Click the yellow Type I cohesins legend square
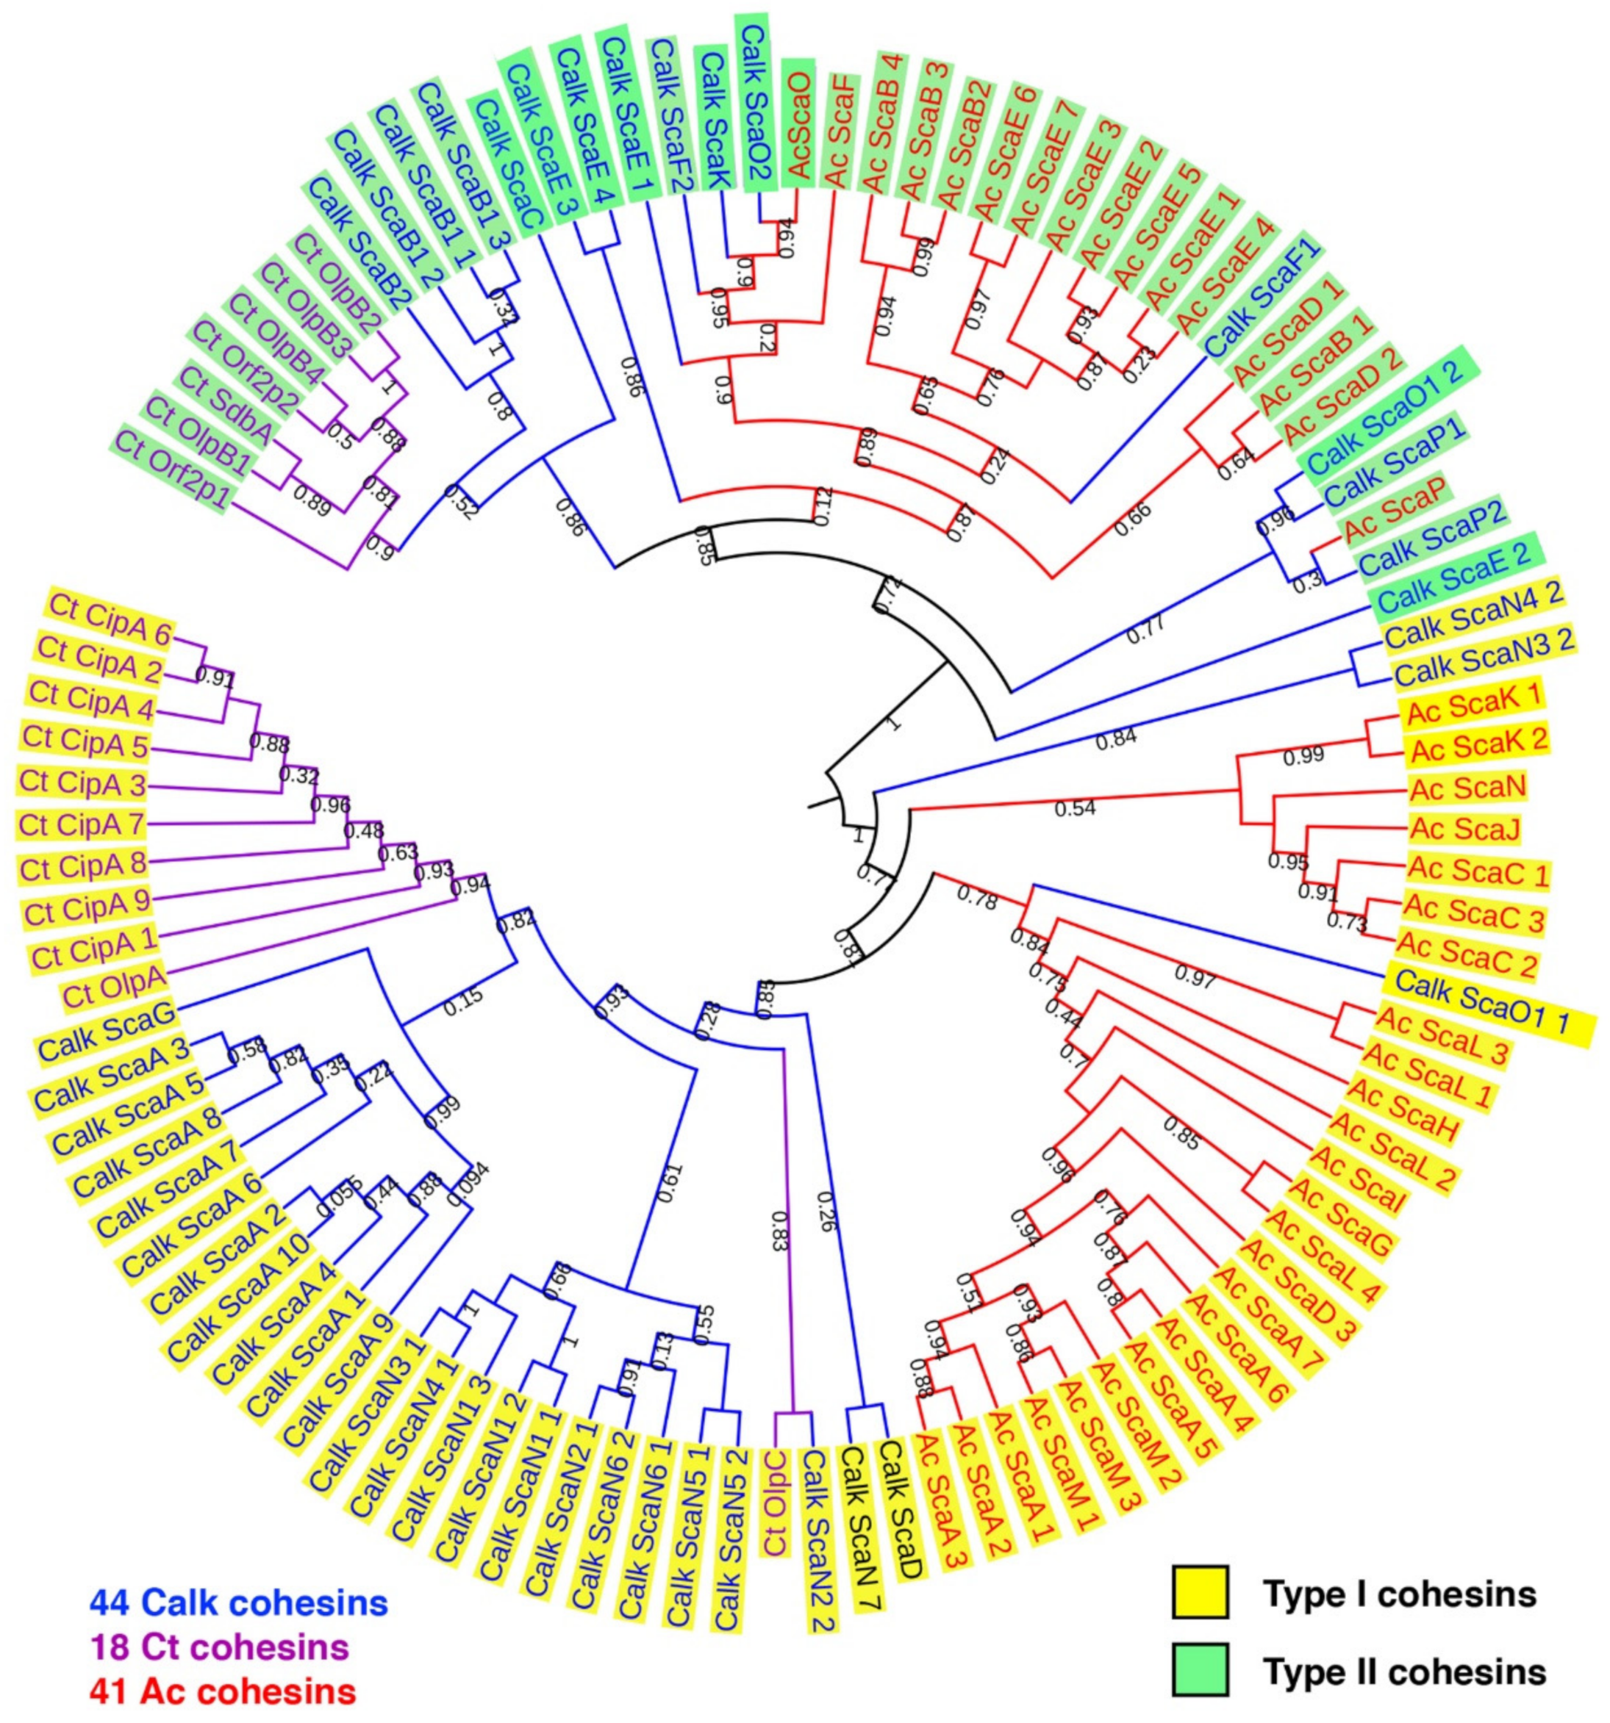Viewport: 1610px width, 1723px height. (1200, 1591)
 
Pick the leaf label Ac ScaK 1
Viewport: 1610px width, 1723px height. (1472, 715)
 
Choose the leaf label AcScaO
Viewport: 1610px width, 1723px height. (797, 122)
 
